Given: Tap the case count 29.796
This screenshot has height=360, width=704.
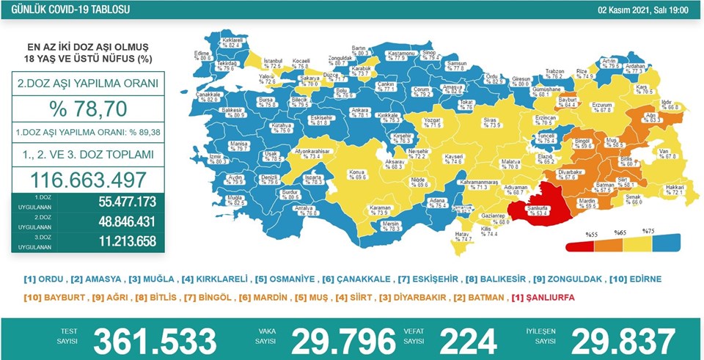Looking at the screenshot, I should pos(344,341).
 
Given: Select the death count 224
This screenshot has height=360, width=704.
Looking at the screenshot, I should pos(468,341).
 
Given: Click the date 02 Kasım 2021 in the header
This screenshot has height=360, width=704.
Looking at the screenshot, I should pos(637,10).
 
